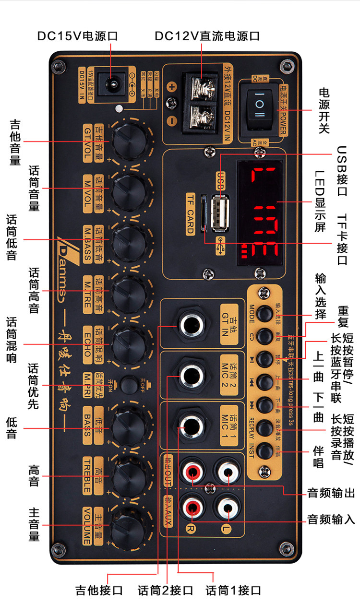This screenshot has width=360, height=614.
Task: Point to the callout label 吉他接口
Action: pos(99,590)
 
